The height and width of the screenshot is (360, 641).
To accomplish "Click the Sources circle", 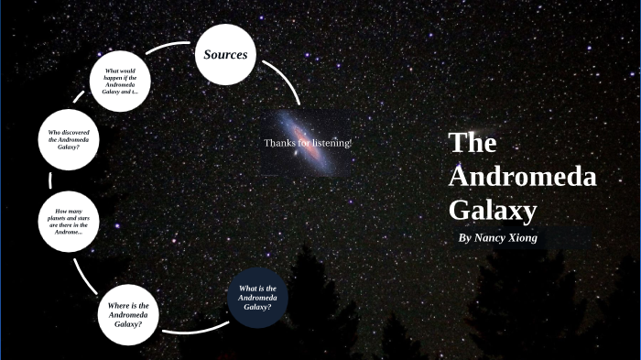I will pos(225,54).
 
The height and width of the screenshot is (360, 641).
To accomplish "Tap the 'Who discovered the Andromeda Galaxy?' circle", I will pos(69,139).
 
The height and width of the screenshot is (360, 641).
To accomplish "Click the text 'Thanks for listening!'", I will pos(308,143).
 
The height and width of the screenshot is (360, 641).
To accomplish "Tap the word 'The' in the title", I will pos(473,143).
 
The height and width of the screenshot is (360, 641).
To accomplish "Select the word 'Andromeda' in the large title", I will pos(522,177).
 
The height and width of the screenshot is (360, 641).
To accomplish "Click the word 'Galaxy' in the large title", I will pos(492,211).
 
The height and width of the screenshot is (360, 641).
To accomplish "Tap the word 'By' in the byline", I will pos(464,237).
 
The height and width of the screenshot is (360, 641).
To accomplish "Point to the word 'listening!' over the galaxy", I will pos(332,143).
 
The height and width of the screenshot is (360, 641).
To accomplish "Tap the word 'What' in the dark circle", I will pos(245,289).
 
